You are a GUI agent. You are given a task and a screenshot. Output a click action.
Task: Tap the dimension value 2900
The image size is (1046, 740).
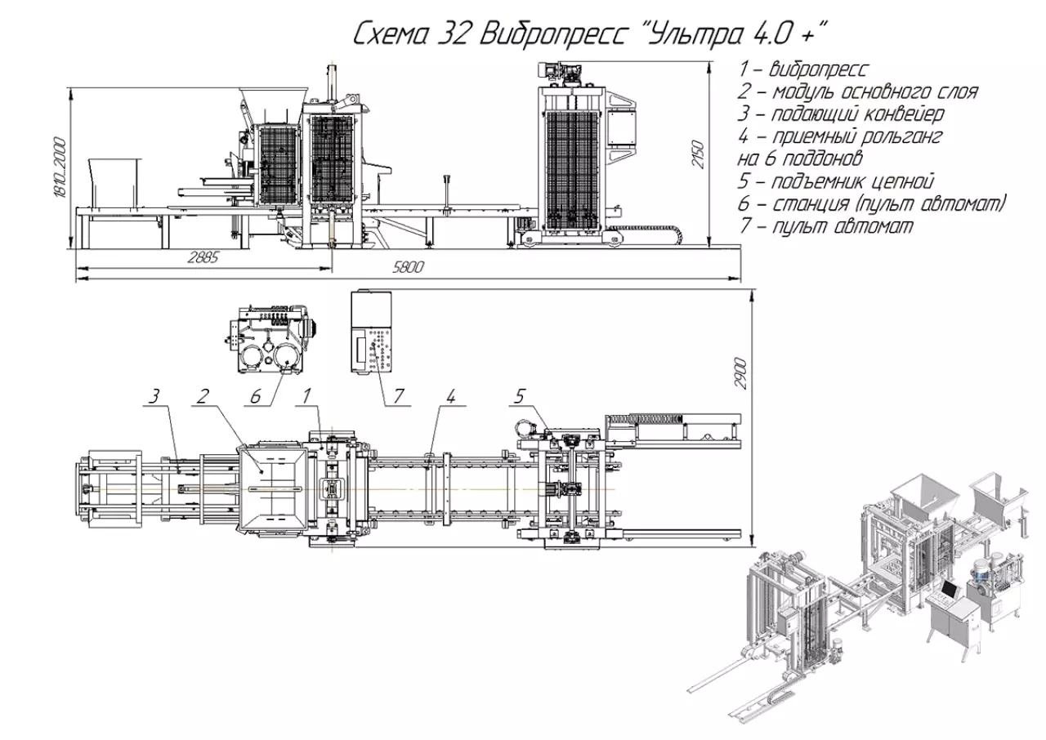(x=740, y=372)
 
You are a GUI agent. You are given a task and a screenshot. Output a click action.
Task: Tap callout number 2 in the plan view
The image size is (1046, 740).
(x=203, y=397)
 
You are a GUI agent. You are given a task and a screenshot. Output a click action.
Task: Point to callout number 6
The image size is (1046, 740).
(x=256, y=397)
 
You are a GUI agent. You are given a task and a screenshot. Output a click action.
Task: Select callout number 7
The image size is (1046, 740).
(x=398, y=397)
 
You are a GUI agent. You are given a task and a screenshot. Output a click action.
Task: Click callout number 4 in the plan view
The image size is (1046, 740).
(x=450, y=397)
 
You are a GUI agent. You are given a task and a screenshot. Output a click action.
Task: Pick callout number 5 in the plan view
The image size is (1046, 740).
(x=520, y=397)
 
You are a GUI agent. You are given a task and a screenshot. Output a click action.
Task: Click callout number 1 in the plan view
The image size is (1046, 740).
(x=306, y=397)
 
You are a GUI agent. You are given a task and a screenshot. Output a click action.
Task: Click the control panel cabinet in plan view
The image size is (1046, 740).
(x=372, y=332)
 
